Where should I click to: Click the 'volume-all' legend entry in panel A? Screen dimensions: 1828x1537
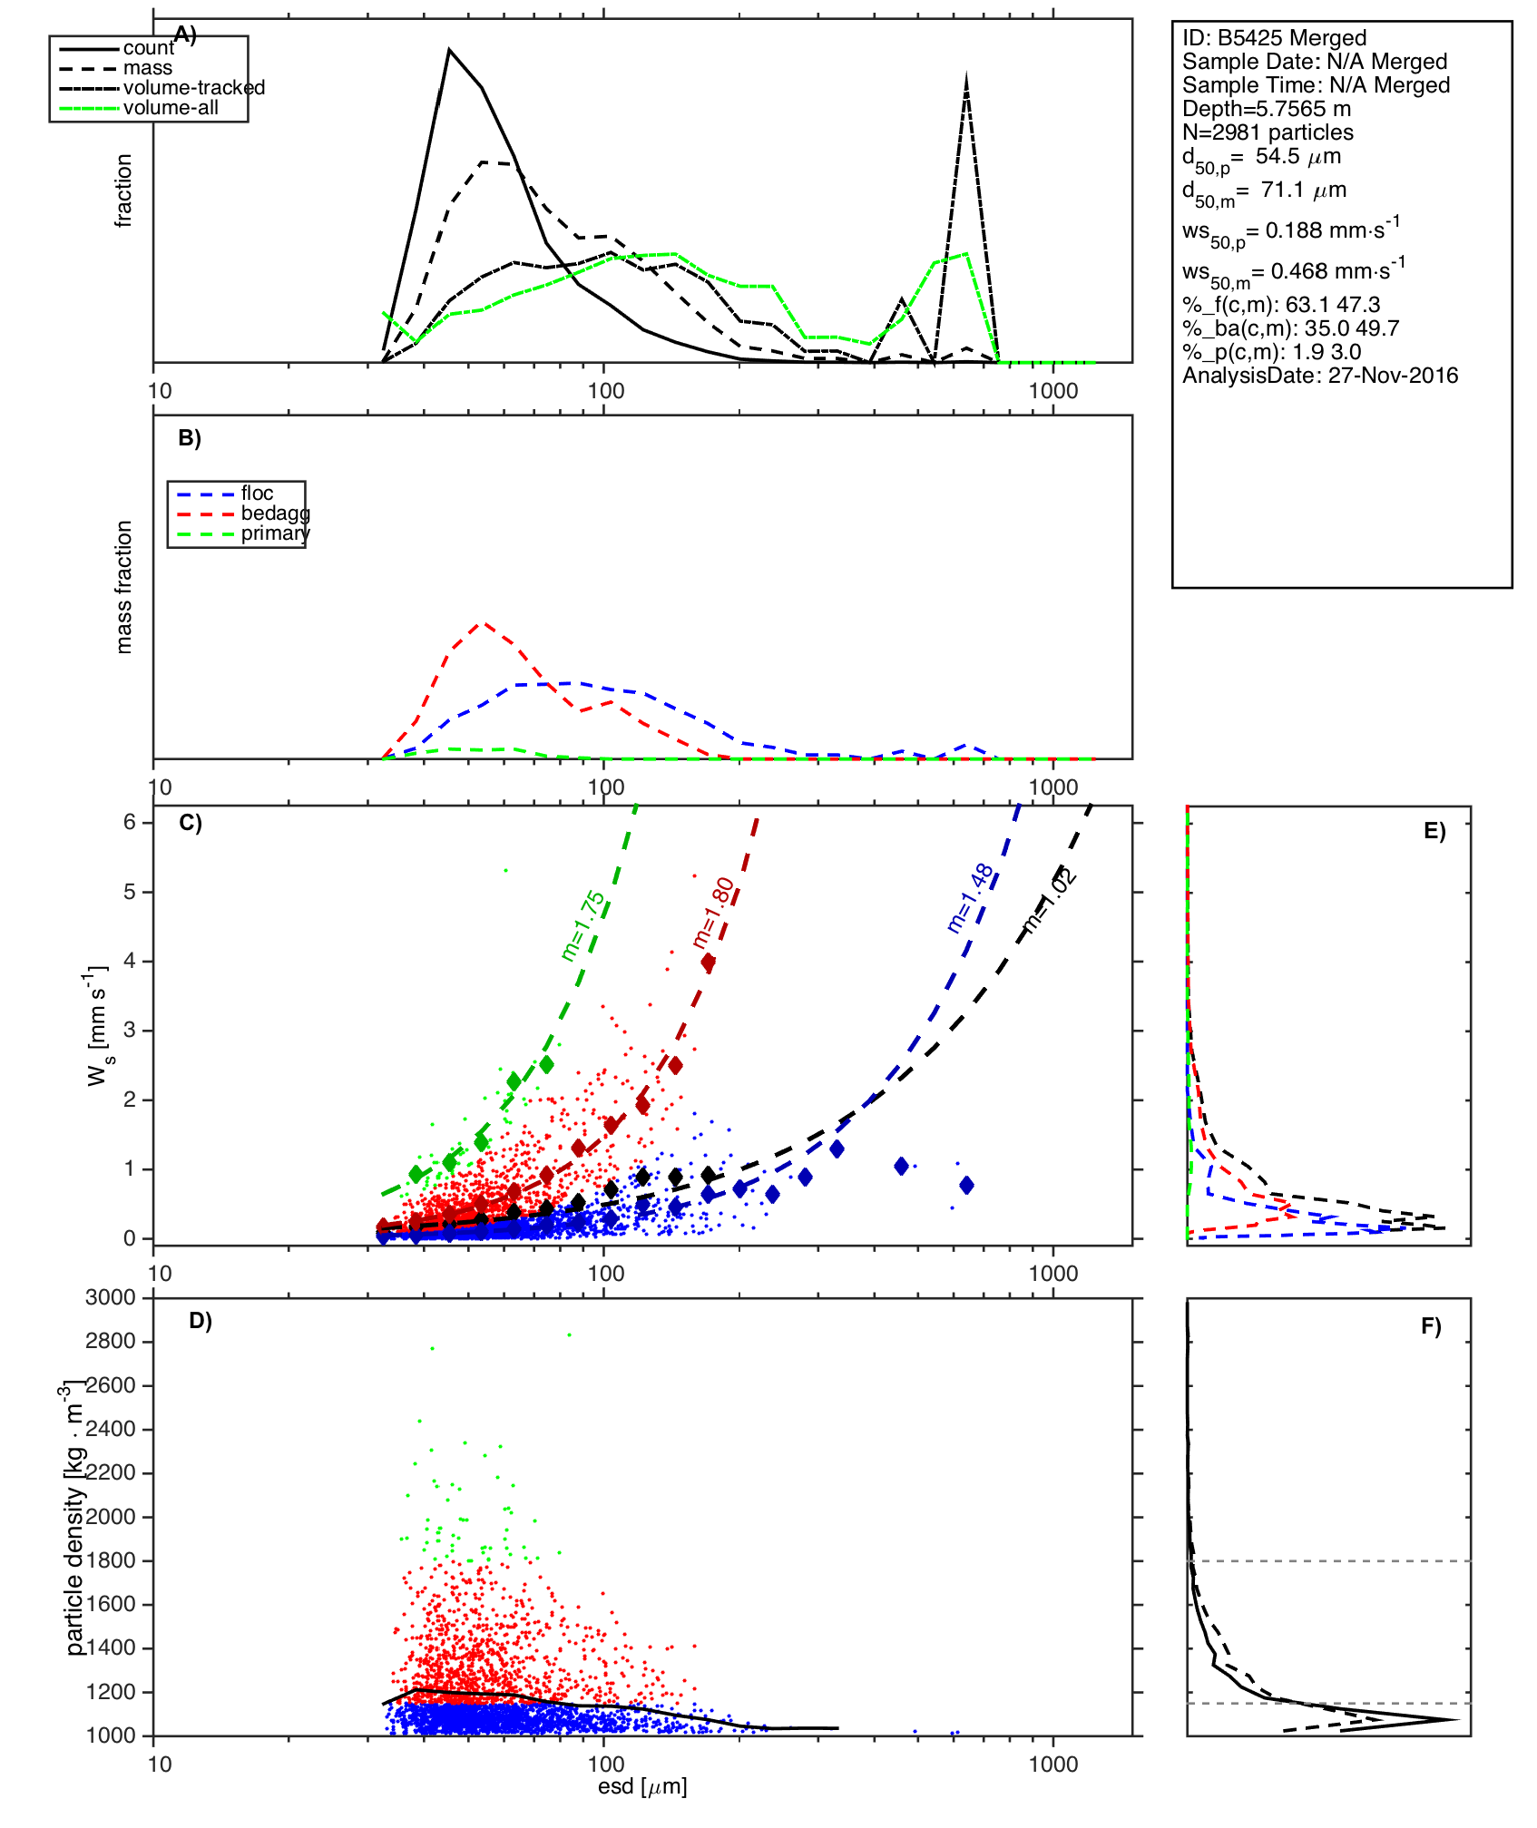[171, 108]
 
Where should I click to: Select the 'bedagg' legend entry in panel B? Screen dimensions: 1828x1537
[275, 513]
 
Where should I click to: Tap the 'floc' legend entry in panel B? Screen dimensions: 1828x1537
[257, 494]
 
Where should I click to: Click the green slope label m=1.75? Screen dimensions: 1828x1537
[582, 926]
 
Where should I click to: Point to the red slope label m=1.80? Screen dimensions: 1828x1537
[713, 913]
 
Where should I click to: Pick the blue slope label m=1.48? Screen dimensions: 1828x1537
[969, 898]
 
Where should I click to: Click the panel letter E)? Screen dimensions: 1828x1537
[1434, 832]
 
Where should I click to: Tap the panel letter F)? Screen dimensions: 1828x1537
[1431, 1327]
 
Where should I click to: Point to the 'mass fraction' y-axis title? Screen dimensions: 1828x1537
[123, 587]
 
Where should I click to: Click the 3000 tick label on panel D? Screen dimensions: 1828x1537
[110, 1298]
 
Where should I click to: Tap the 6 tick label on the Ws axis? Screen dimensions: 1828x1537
[130, 823]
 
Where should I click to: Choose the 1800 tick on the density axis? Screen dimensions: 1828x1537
[110, 1561]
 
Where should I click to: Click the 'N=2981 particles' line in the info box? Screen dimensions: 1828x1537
[1268, 132]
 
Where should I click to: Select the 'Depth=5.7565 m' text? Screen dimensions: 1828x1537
[1267, 109]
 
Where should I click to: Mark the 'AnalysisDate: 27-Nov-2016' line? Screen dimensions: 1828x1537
[1320, 376]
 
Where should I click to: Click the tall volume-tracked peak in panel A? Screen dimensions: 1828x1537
[966, 80]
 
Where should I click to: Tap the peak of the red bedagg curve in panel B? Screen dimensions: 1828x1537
[484, 623]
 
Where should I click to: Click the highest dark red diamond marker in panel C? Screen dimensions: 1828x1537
[708, 963]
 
